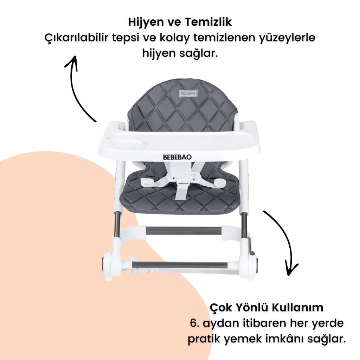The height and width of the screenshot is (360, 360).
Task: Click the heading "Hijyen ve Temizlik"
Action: point(180,22)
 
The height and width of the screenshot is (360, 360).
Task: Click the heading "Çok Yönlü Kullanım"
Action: point(266,307)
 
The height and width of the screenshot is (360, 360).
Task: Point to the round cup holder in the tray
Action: point(132,143)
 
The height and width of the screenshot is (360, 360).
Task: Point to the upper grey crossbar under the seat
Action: point(184,230)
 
